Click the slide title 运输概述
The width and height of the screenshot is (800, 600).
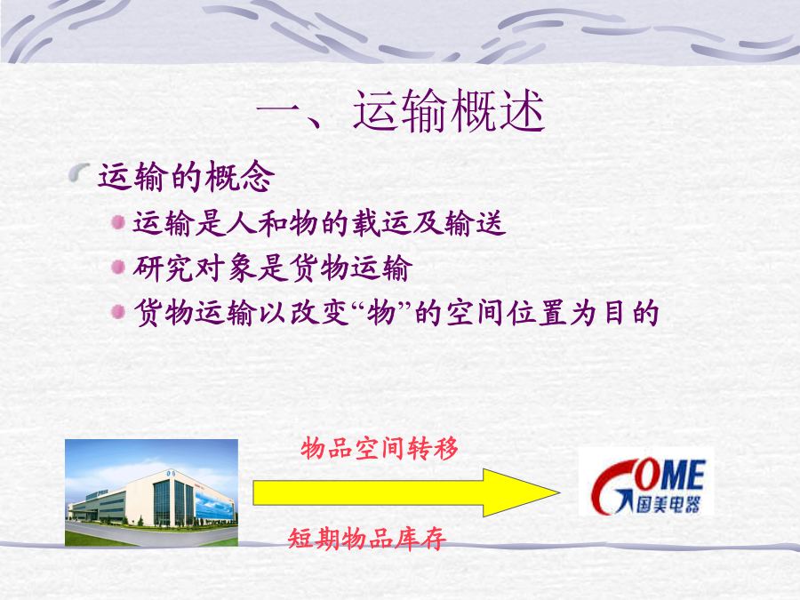tap(449, 111)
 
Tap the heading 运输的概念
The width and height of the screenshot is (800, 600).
tap(187, 177)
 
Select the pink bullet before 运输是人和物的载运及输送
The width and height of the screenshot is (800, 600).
tap(118, 222)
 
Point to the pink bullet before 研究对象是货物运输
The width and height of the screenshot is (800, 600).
tap(118, 267)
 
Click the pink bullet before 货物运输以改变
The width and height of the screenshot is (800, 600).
tap(118, 311)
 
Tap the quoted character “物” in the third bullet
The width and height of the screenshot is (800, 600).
tap(381, 312)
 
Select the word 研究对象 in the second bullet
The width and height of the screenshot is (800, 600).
tap(196, 268)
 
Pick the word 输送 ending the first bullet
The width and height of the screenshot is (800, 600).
tap(475, 223)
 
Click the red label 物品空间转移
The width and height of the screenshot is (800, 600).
tap(379, 449)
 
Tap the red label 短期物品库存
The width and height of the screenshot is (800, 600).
tap(367, 539)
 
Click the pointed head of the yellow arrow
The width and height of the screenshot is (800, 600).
tap(559, 492)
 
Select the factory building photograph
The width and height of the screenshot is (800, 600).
tap(151, 492)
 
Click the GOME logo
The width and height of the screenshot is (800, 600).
tap(646, 483)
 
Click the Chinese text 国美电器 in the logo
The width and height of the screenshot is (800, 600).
tap(668, 505)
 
